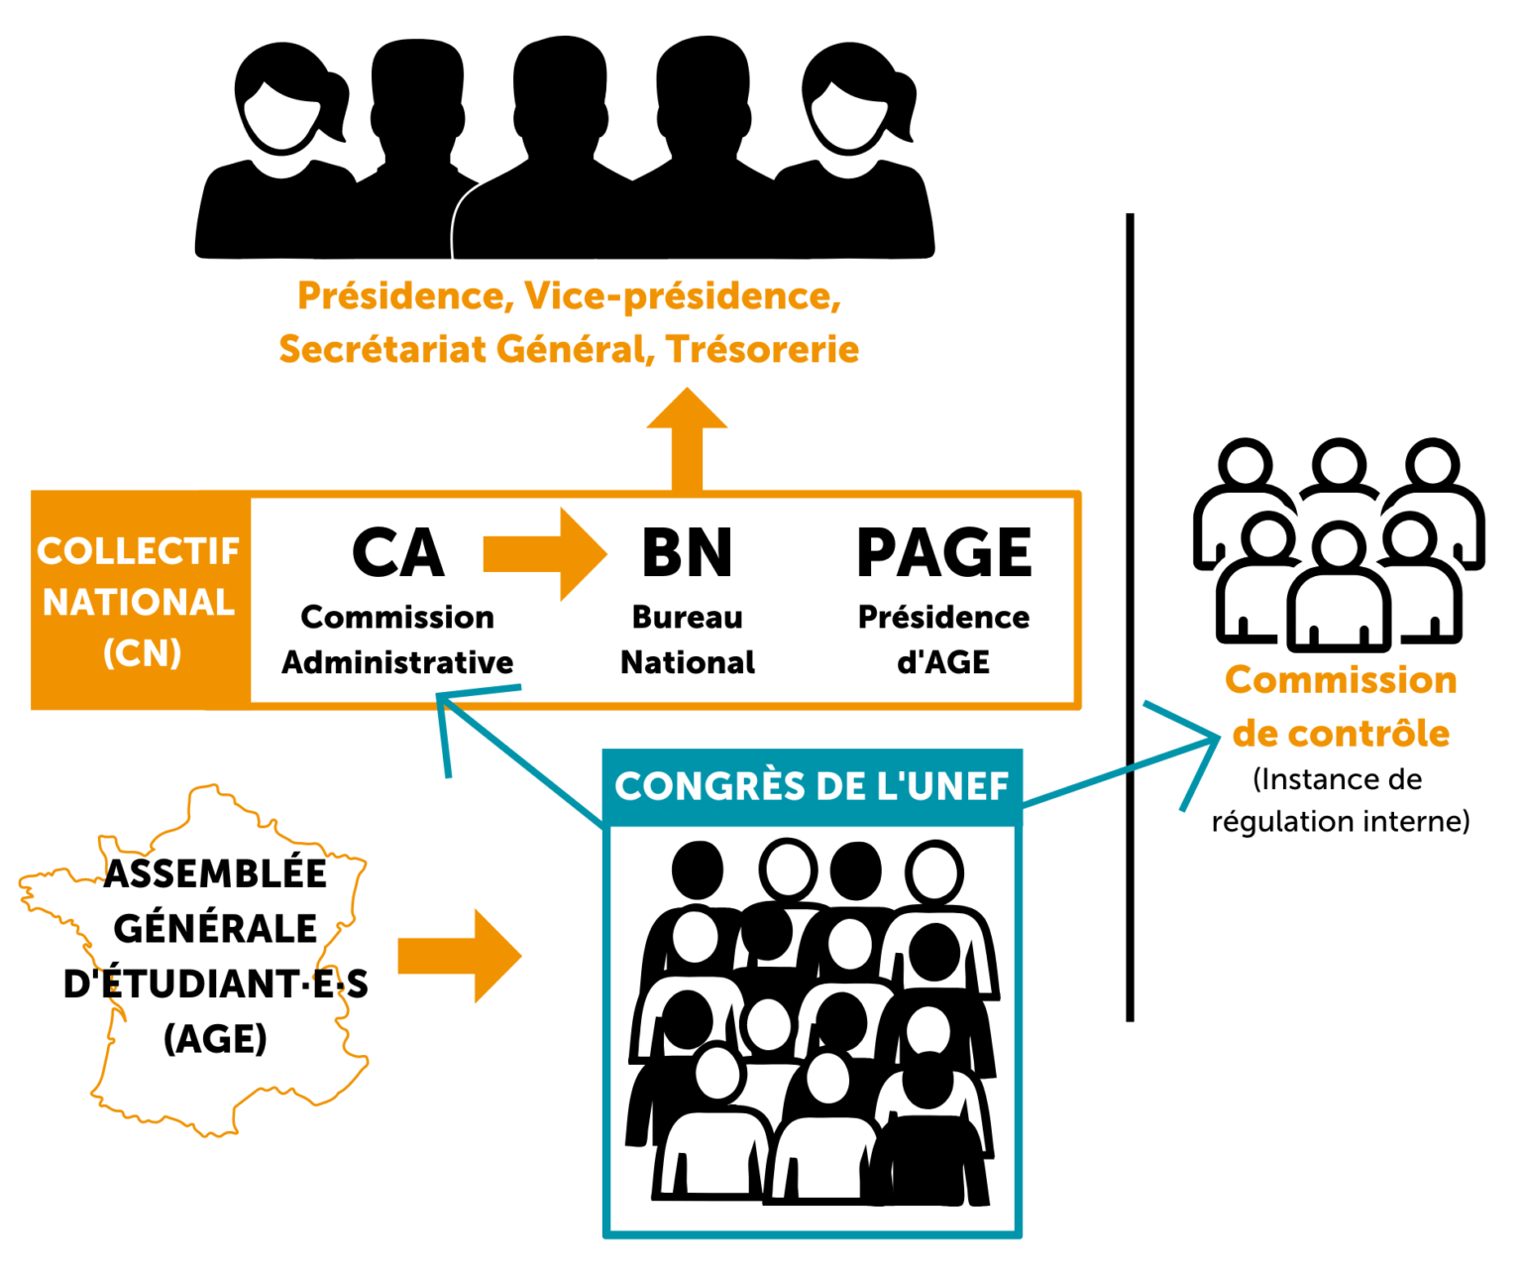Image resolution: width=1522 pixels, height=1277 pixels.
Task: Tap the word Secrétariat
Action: pos(381,349)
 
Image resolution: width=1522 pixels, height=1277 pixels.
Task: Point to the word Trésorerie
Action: pos(762,349)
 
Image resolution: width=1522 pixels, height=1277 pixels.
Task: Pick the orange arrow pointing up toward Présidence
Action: pos(687,436)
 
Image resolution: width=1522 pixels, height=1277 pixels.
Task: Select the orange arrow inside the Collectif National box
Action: pos(544,554)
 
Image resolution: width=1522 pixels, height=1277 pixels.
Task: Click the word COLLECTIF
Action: pos(139,551)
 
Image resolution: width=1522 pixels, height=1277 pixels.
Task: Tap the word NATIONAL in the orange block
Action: pos(139,603)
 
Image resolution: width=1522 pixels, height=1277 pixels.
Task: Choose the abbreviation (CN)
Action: pos(142,653)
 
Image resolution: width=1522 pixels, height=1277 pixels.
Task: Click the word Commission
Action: pos(1340,681)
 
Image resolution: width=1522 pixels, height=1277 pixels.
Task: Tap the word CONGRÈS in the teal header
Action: pos(709,787)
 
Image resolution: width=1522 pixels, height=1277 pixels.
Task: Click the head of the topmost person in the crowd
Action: pos(789,871)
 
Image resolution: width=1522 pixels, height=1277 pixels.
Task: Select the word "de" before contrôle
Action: pos(1254,734)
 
